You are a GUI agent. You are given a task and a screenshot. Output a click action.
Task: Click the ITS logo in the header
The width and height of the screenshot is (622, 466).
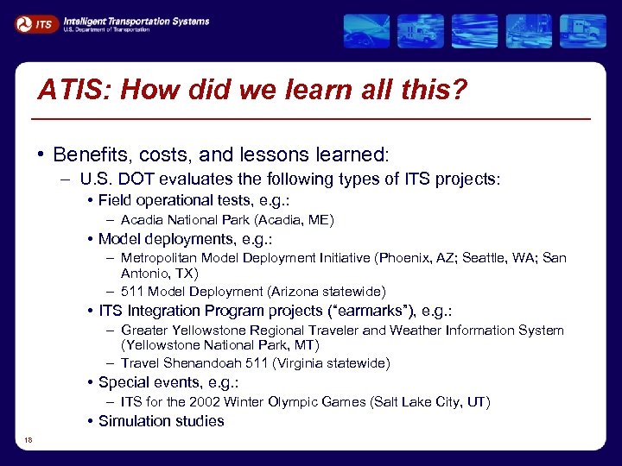(36, 25)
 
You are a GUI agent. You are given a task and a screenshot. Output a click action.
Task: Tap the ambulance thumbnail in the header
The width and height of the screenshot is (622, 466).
(421, 31)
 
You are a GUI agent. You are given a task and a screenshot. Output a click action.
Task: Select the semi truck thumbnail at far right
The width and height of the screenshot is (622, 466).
(583, 31)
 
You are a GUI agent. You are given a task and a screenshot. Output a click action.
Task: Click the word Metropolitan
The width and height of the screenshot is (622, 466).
(161, 258)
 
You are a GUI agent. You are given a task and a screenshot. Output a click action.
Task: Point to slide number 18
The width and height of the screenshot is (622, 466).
(29, 441)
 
